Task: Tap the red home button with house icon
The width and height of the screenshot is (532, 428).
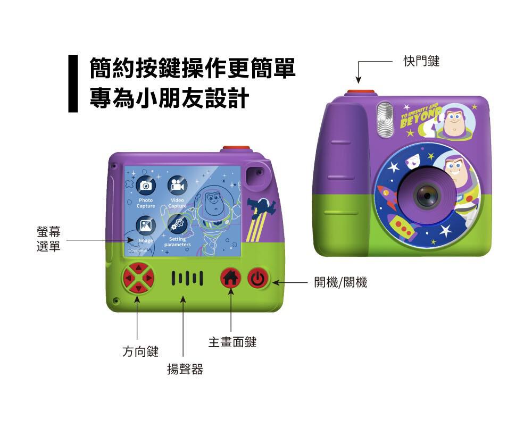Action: (x=231, y=278)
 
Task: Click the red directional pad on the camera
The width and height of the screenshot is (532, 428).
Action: (x=138, y=278)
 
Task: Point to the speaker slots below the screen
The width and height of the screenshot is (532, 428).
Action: (x=186, y=278)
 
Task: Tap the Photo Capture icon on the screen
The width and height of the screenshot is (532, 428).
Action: (x=146, y=186)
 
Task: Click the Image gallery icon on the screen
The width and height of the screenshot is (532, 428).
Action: (x=146, y=225)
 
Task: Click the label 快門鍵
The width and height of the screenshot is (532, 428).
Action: (x=421, y=62)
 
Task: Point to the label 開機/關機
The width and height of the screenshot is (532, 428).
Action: (x=340, y=282)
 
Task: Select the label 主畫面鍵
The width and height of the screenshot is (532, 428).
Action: (x=232, y=342)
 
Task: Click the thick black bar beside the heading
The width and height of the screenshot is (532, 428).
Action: (x=73, y=83)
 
